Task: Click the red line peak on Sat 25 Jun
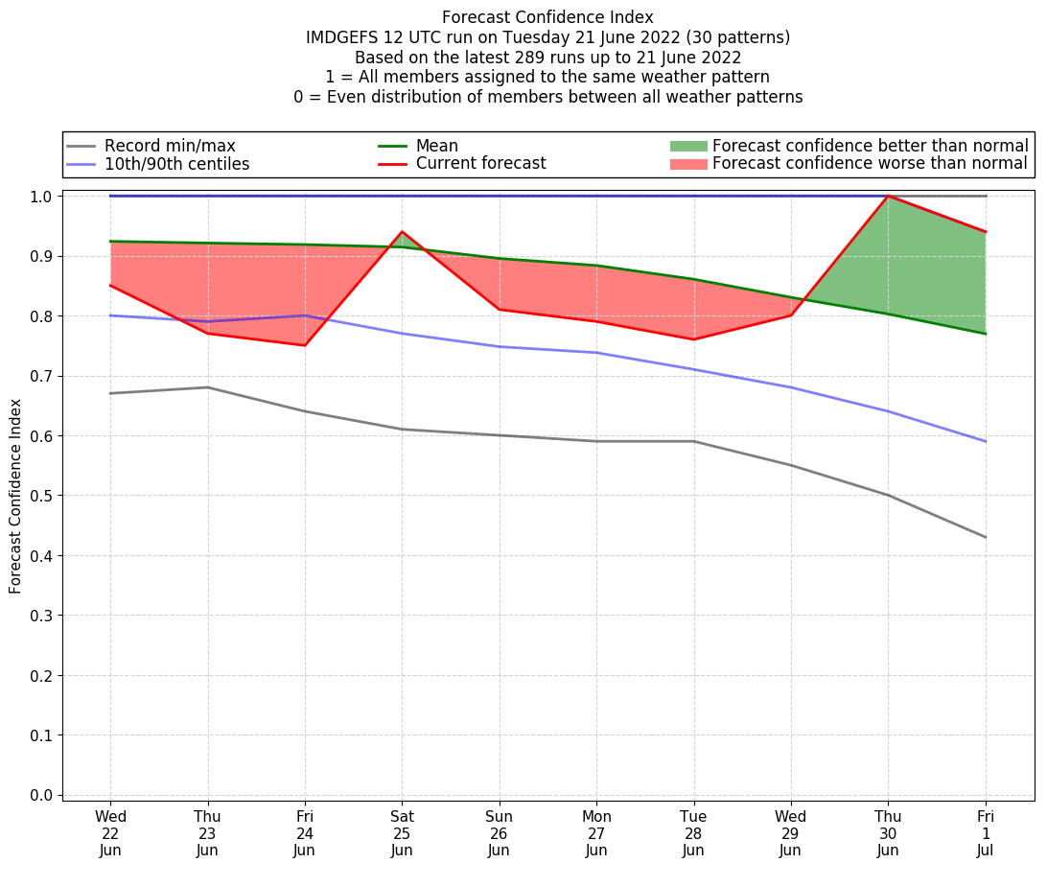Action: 402,232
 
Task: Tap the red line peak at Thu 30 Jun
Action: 888,197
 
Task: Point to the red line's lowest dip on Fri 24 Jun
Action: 305,345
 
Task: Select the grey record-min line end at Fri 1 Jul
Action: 986,537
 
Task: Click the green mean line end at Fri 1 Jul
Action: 986,334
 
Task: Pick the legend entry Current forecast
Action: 480,164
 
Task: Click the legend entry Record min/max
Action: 170,146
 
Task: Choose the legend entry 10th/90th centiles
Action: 176,164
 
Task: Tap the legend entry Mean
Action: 436,146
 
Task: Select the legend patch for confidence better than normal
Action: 687,146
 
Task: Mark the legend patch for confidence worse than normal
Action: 687,164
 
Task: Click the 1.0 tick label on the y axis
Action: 42,197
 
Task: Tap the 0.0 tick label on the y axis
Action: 42,795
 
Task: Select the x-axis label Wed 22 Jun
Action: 110,833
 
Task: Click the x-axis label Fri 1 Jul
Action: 986,833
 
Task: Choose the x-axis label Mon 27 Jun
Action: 596,833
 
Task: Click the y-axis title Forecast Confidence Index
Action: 15,496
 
